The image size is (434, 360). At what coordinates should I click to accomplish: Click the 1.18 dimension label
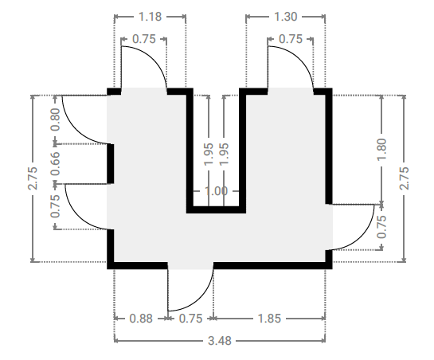tap(150, 17)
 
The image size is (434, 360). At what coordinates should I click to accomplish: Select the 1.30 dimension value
tap(286, 17)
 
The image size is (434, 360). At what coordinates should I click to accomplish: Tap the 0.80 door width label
tap(56, 119)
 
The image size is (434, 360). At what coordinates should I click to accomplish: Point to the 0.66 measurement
tap(56, 163)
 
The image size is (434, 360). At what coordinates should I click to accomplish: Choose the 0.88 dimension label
tap(141, 319)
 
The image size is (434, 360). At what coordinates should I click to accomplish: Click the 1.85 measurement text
tap(269, 319)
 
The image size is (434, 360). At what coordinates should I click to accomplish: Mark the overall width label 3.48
tap(220, 341)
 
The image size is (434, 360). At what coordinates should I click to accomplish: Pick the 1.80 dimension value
tap(381, 149)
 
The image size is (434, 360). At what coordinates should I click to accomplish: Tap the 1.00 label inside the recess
tap(216, 191)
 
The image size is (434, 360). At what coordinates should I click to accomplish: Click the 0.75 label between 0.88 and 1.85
tap(190, 319)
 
